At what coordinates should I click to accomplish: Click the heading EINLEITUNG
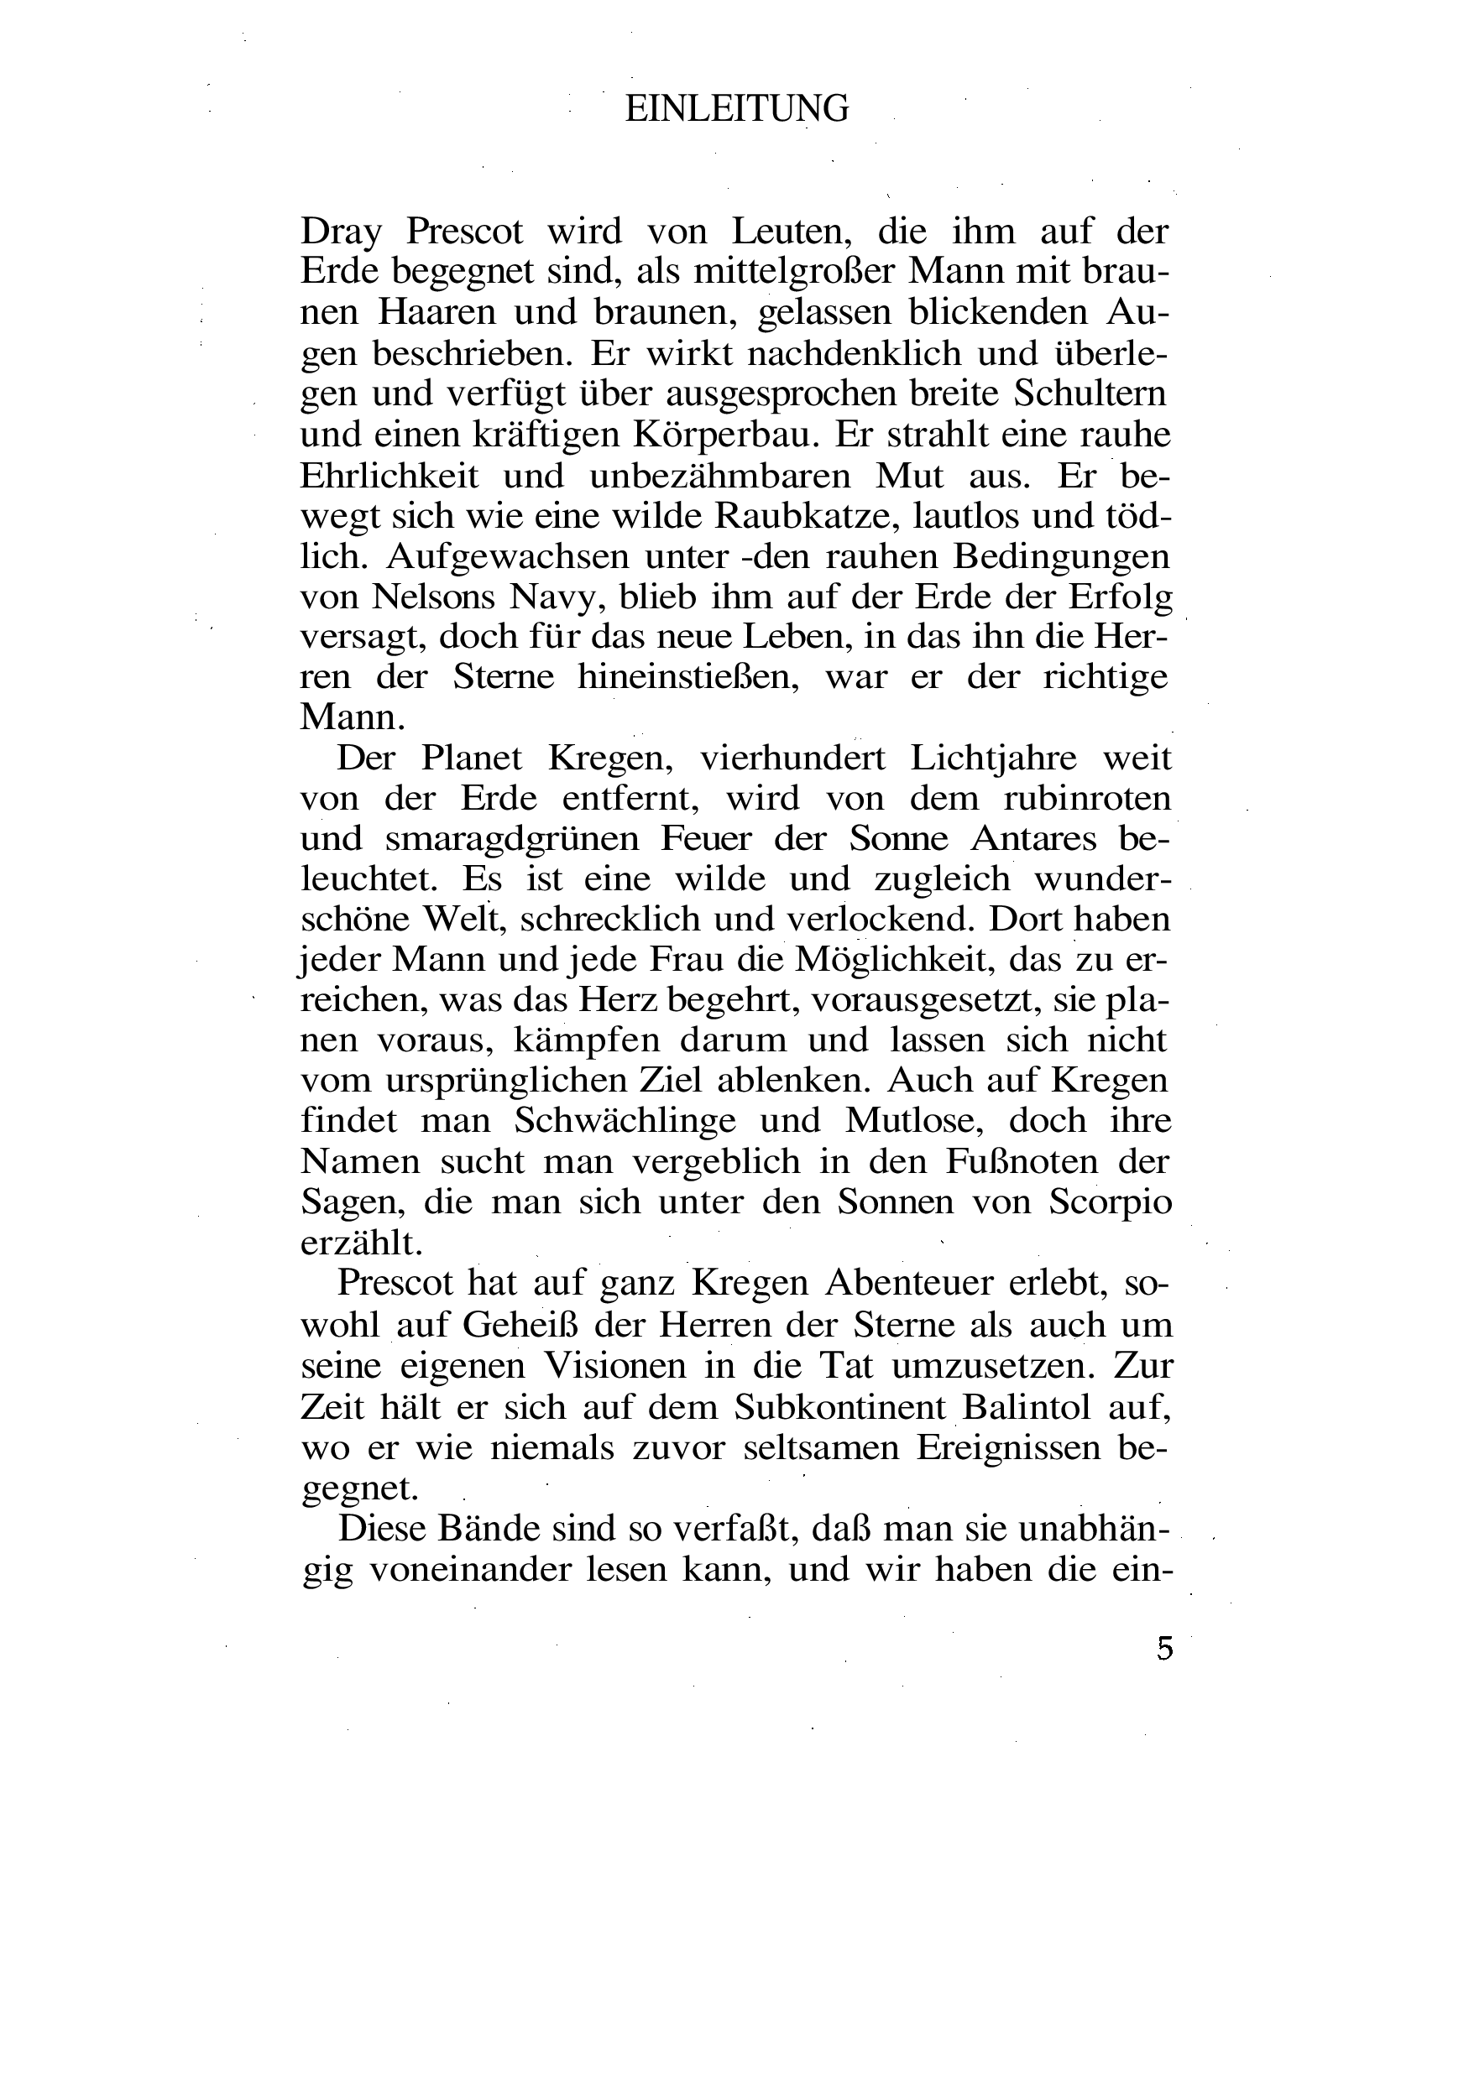pyautogui.click(x=737, y=110)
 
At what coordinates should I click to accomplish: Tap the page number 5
pyautogui.click(x=1164, y=1647)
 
